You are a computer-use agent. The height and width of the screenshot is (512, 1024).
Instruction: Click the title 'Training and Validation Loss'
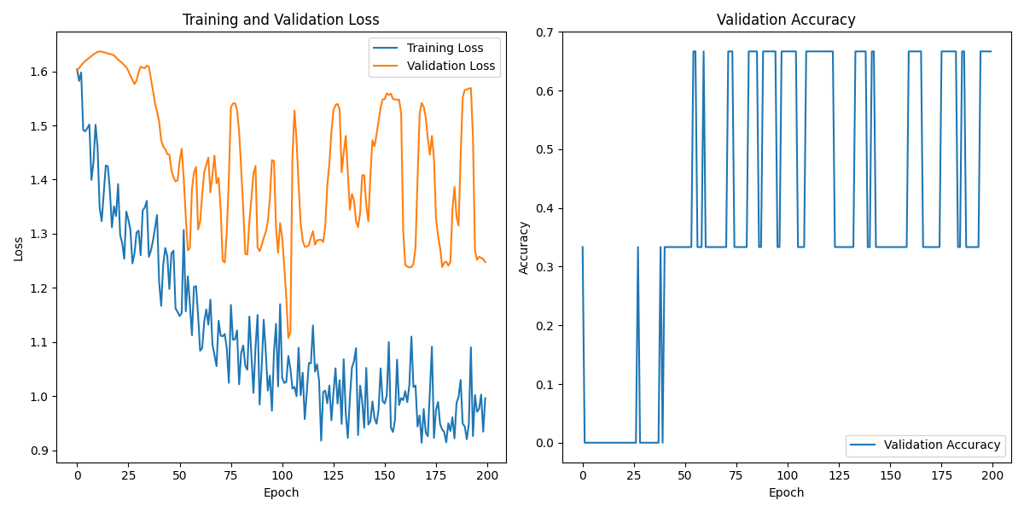point(281,20)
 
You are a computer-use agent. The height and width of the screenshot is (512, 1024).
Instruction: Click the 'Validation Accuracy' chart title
point(786,20)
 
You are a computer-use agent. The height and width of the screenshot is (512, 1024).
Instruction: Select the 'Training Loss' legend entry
point(445,48)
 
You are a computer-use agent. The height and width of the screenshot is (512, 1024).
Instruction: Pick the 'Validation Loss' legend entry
point(451,66)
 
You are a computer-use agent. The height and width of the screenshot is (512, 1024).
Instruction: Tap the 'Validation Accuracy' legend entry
point(941,445)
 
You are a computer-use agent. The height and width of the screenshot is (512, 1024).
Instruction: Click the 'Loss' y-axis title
point(18,248)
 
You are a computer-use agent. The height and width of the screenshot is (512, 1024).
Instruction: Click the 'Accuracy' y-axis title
point(524,247)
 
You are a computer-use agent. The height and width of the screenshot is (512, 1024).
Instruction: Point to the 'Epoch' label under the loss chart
point(281,492)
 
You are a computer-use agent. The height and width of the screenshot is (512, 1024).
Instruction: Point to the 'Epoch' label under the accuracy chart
point(786,492)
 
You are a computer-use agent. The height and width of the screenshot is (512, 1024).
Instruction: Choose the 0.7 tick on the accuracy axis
point(545,32)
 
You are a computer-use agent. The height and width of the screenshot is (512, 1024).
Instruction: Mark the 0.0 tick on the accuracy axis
point(545,443)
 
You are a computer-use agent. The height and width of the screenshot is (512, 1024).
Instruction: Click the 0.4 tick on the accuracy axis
point(545,208)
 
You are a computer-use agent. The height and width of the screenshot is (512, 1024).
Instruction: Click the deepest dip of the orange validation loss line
point(288,337)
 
